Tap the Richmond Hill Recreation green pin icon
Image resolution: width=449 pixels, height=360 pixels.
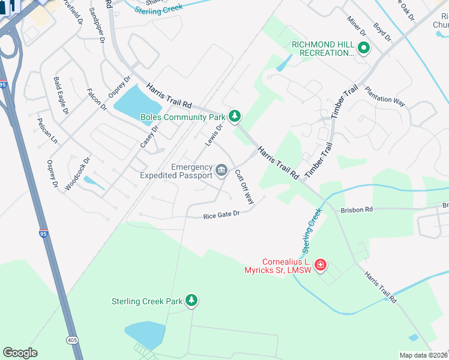click(x=363, y=47)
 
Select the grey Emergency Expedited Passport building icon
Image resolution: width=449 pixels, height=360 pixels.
click(x=221, y=172)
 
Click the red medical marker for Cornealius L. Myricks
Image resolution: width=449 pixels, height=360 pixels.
click(x=321, y=265)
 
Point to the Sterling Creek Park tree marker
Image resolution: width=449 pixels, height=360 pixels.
click(x=191, y=300)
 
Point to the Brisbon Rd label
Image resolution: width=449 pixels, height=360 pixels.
click(x=357, y=210)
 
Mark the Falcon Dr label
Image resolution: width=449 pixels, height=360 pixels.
click(x=96, y=99)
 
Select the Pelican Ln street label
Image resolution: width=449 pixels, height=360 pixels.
click(x=48, y=135)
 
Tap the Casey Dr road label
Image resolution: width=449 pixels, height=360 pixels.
click(x=149, y=137)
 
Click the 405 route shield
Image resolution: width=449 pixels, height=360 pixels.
click(x=73, y=340)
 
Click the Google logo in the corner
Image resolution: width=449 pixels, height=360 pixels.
click(x=20, y=353)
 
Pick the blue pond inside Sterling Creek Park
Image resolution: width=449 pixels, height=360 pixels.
click(x=145, y=334)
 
